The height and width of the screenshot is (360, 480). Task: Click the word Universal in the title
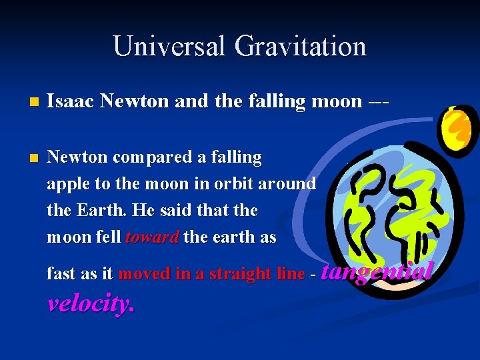coord(169,46)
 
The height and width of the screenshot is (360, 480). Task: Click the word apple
coord(65,184)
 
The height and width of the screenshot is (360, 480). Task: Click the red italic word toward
coord(151,237)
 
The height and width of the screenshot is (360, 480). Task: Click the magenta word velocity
coord(91,304)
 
